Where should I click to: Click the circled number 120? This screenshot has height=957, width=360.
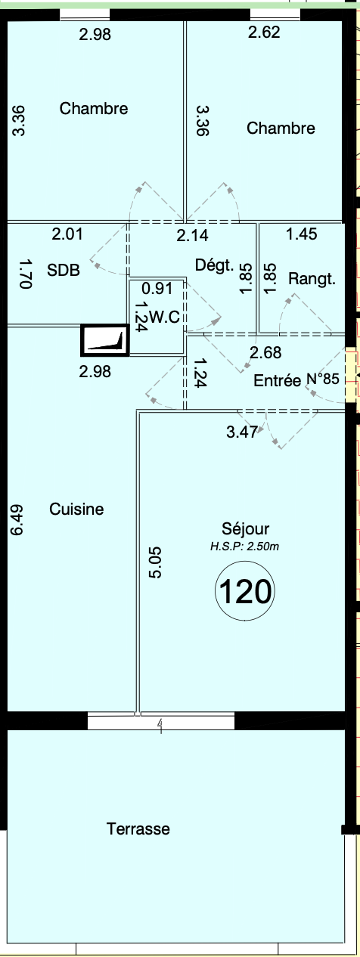point(245,591)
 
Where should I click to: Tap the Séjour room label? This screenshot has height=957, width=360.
point(245,529)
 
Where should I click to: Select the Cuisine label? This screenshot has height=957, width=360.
point(76,509)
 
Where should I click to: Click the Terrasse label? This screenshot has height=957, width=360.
point(138,828)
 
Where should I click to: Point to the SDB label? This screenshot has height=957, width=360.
point(64,270)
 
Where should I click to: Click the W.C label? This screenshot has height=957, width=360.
point(165,317)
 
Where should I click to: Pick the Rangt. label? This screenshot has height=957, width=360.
point(312,279)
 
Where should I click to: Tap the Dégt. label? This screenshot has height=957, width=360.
point(215,265)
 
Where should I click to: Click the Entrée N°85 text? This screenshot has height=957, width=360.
point(296,379)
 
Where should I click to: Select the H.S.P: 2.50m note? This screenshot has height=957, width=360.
point(244,546)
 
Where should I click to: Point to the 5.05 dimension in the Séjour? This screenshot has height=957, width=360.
point(155,562)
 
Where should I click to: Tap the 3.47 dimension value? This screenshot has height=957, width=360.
point(242,432)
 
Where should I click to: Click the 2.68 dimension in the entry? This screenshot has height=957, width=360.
point(265,352)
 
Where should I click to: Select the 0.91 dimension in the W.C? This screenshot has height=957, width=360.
point(157,288)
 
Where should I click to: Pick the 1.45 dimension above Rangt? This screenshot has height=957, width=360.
point(302,234)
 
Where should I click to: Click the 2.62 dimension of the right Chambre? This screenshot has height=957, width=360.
point(264,32)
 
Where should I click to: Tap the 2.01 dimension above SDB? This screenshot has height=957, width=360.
point(67,234)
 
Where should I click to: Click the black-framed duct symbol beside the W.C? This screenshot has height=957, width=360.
point(105,340)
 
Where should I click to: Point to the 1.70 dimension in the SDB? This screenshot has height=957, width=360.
point(26,274)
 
